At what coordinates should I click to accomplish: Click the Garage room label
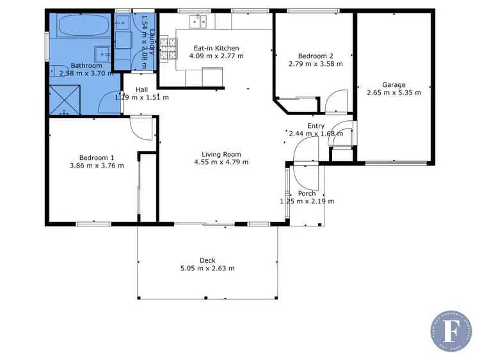click(394, 84)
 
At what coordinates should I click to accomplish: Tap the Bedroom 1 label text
click(97, 157)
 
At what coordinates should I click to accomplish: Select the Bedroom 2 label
click(313, 55)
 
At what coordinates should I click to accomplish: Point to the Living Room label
click(221, 154)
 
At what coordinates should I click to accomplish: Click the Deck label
click(207, 260)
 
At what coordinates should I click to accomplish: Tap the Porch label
click(307, 194)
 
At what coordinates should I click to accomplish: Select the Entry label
click(316, 126)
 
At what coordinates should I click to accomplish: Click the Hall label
click(141, 90)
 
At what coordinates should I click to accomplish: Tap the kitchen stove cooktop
click(168, 49)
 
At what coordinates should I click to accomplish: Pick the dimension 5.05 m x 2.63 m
click(207, 269)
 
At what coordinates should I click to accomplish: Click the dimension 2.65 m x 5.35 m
click(394, 93)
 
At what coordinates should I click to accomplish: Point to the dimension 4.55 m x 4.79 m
click(221, 162)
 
